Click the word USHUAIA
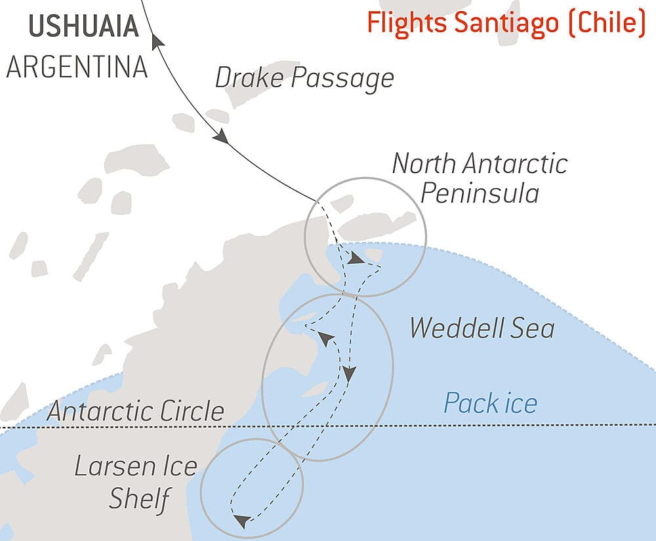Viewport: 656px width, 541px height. point(84,26)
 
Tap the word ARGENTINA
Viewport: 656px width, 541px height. point(77,67)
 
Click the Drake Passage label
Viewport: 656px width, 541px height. point(304,78)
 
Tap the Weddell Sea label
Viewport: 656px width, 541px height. point(482,328)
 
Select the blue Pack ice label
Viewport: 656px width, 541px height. point(490,403)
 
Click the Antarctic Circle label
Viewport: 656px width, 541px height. point(136,412)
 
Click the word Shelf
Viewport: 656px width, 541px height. point(139,500)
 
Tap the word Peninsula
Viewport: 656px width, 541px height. point(480,193)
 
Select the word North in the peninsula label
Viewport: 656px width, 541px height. point(427,163)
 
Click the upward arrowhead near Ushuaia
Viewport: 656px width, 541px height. point(157,43)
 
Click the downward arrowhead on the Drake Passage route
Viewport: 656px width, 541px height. point(220,136)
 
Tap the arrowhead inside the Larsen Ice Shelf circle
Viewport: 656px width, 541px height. point(241,521)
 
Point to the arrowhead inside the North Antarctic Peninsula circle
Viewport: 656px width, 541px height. point(355,259)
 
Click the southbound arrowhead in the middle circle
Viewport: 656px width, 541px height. point(349,374)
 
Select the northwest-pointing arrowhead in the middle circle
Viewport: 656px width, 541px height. point(325,338)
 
